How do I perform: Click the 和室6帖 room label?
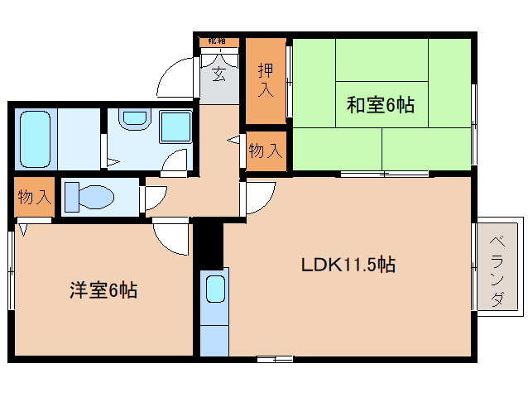click(x=380, y=105)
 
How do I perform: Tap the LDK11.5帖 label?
click(x=347, y=265)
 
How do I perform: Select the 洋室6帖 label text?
click(x=103, y=290)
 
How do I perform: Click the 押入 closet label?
click(x=265, y=79)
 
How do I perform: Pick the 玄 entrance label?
click(x=218, y=76)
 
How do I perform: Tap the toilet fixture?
click(x=89, y=198)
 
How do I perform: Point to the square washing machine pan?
click(x=175, y=128)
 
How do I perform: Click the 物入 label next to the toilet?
click(x=35, y=198)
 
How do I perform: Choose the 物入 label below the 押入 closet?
click(x=266, y=151)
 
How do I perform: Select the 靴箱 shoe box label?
click(x=218, y=41)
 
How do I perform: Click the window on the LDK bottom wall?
click(x=274, y=358)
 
